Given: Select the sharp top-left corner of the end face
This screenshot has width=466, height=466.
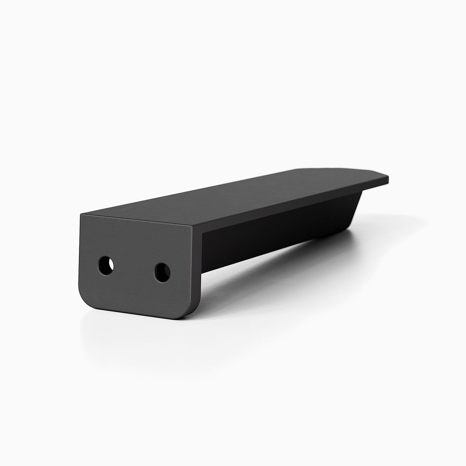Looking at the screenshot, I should point(81,214).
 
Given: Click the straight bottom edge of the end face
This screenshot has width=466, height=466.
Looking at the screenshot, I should point(137,308).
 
